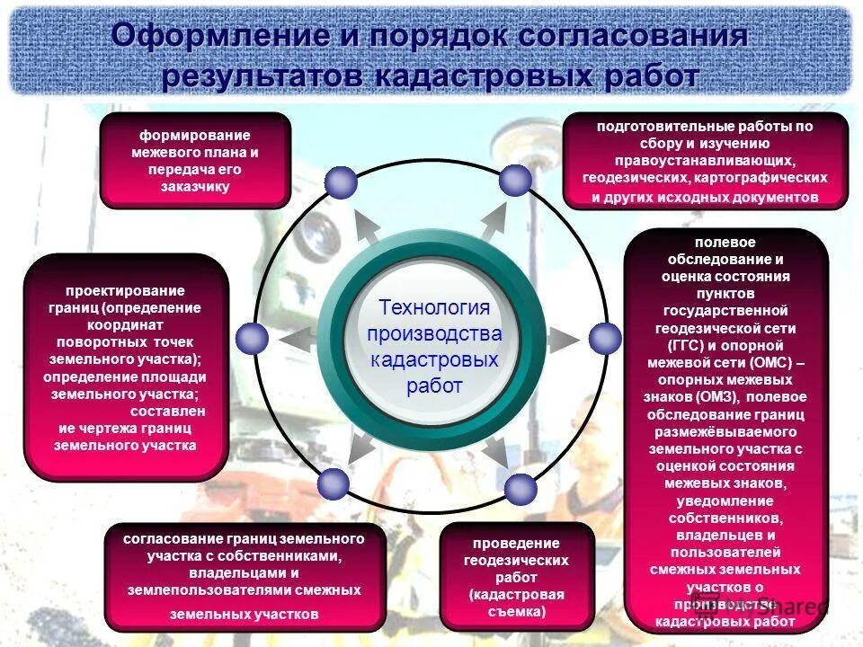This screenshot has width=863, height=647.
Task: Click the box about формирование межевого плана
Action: (194, 161)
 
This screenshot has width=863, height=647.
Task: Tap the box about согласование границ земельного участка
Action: (244, 576)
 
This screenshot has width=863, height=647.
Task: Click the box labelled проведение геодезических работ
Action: (516, 577)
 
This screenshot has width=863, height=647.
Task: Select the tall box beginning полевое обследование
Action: (725, 431)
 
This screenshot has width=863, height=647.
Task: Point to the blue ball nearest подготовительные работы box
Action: (515, 180)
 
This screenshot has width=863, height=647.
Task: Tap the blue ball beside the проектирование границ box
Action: (252, 338)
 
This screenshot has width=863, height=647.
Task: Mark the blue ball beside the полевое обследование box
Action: (605, 338)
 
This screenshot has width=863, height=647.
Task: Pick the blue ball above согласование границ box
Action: (334, 483)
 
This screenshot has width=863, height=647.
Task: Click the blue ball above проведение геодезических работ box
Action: (520, 488)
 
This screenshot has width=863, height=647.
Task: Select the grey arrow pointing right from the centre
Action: (562, 339)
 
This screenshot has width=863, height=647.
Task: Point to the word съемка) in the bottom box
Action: (516, 611)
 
